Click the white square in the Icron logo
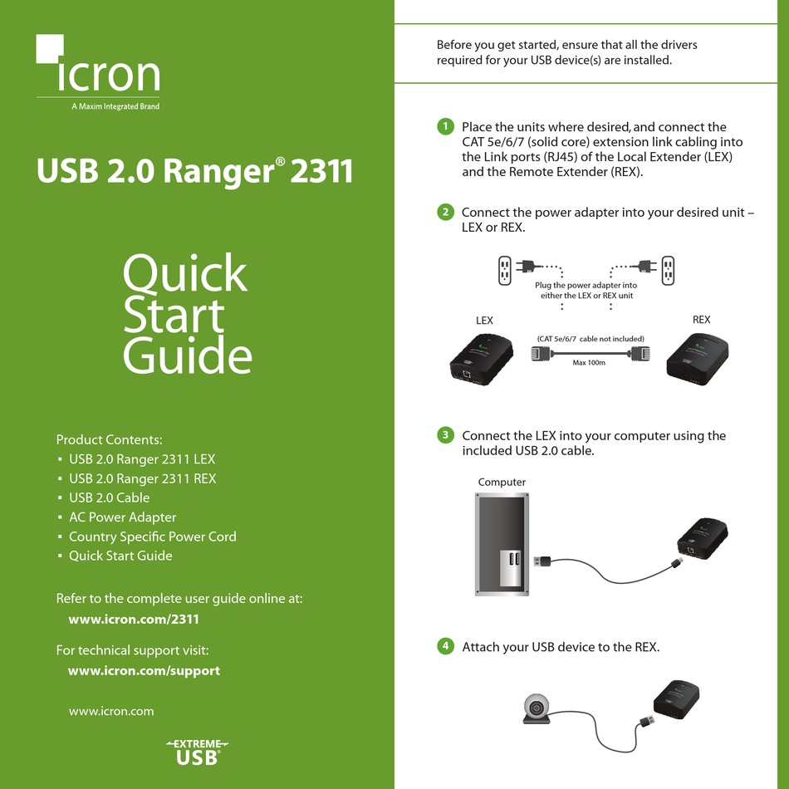[x=49, y=48]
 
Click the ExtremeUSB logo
[x=198, y=752]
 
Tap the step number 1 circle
[x=445, y=126]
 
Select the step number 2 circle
[x=445, y=212]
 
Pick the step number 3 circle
[x=445, y=434]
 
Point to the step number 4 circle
[x=445, y=645]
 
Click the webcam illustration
[x=537, y=708]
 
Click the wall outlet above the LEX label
[x=505, y=271]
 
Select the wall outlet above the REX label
[x=668, y=271]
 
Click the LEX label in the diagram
[x=484, y=321]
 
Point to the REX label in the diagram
[x=701, y=320]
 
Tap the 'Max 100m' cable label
[x=589, y=363]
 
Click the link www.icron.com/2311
[x=134, y=619]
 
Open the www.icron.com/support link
[x=144, y=671]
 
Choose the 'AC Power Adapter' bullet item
[x=122, y=517]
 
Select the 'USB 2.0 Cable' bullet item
[x=109, y=497]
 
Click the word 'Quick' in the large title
[x=185, y=273]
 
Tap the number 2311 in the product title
[x=321, y=171]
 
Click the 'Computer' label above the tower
[x=502, y=482]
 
